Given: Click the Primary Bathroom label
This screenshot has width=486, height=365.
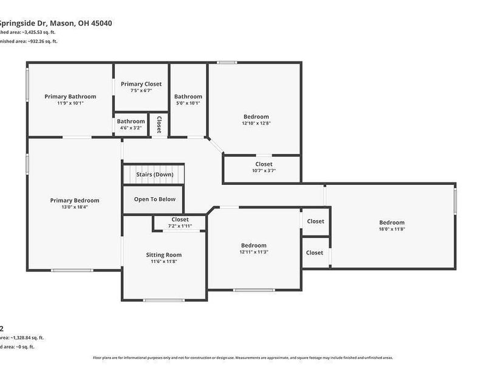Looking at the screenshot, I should coord(70,96).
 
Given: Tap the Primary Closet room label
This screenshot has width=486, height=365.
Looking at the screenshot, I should coord(141,84).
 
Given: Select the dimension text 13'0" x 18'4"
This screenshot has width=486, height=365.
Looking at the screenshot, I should coord(75,207).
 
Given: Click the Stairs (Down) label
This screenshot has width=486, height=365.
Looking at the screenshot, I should coord(154,175).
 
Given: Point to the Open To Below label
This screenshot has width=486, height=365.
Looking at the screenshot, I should coord(154,199).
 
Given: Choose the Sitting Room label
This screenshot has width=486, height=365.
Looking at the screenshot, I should coord(164,255).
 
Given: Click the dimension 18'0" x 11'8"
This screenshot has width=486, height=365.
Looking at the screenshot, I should coord(392,229).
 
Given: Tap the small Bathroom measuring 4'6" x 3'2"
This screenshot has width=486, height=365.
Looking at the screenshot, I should coord(131,121).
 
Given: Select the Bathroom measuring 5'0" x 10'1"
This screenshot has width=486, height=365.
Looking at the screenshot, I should coord(188,96).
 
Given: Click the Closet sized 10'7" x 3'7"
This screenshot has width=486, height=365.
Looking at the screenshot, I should coord(264,164).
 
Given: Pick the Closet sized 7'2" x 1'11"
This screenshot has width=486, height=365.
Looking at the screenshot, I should coord(180,220).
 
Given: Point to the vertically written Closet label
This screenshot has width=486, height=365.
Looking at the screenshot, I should coord(159,125).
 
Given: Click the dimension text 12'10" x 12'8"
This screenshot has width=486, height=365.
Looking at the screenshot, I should coord(256,123).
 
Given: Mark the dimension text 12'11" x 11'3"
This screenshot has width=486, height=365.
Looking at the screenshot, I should coord(253,252).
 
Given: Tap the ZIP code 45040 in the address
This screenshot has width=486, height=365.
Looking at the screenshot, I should coord(101,23).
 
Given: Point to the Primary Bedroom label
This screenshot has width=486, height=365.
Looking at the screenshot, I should coord(75,200).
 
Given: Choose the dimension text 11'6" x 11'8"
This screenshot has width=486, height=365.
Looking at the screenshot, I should coord(164,262).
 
